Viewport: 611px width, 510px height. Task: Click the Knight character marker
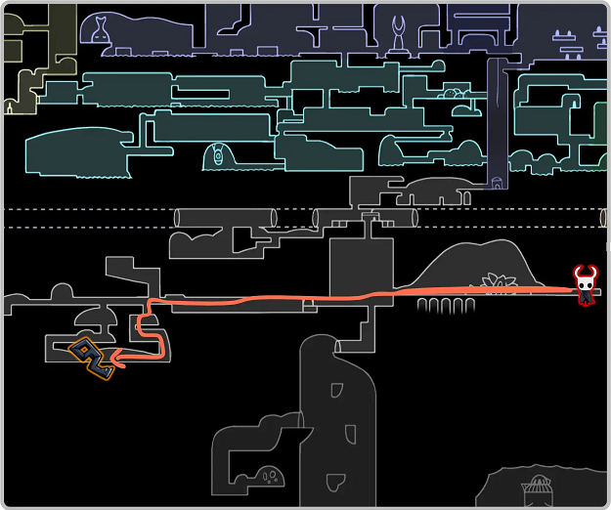(x=586, y=284)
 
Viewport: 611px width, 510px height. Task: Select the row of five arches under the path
(x=446, y=306)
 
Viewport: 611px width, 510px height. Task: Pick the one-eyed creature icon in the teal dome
(x=219, y=156)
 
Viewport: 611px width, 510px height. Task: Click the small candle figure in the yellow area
(x=11, y=106)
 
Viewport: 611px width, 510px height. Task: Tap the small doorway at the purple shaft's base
(x=499, y=181)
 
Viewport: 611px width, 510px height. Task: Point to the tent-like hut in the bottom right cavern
(x=537, y=487)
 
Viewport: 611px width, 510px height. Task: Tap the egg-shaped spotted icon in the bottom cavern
(x=271, y=477)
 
